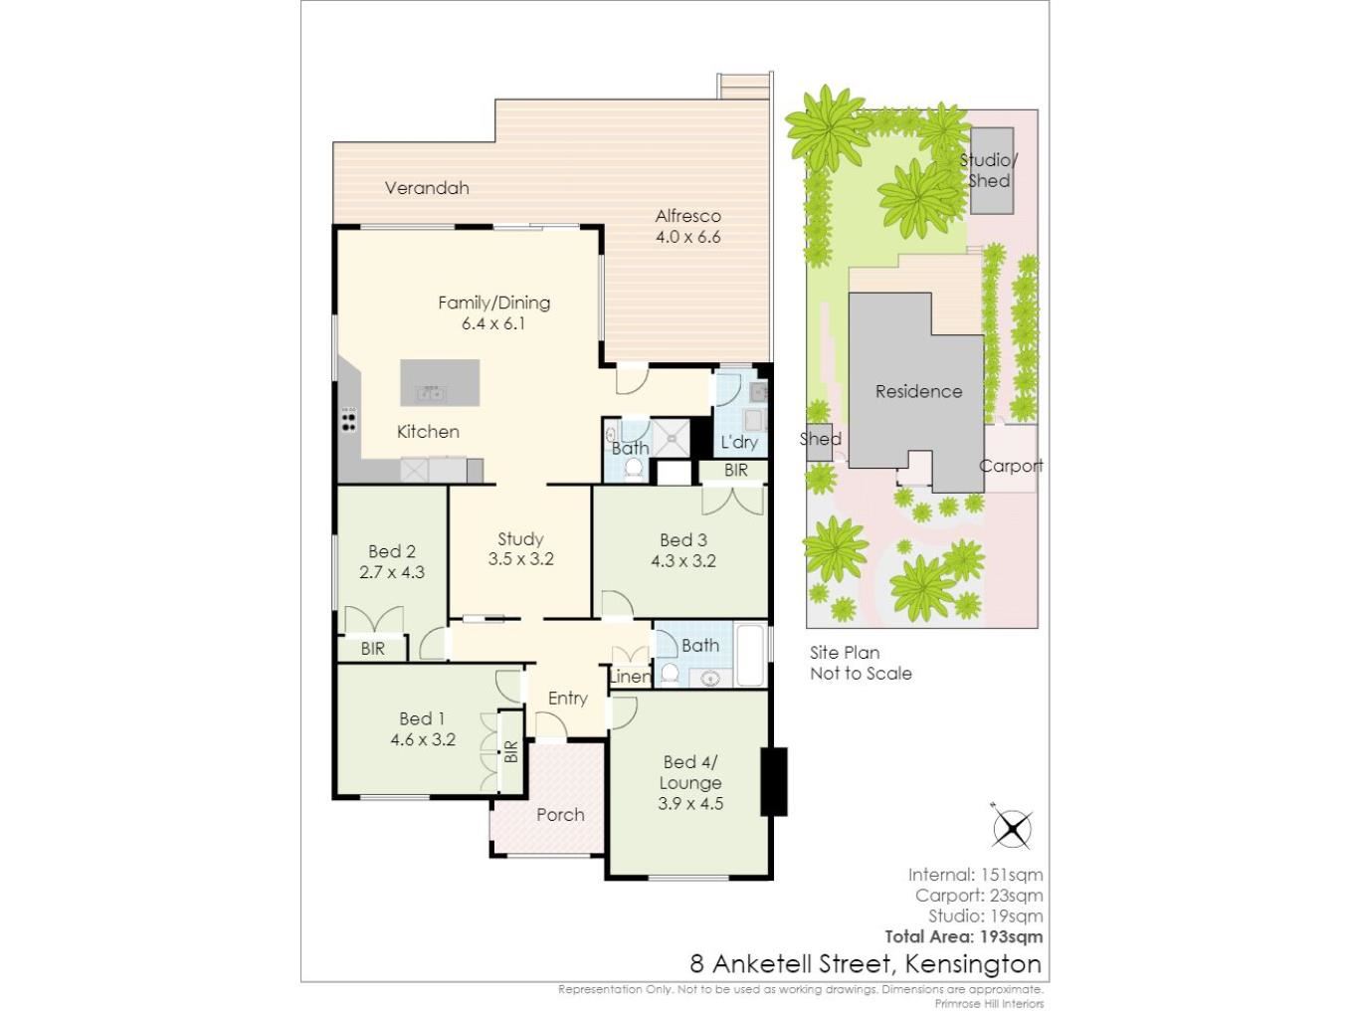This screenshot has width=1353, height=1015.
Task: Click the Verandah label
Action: [x=427, y=188]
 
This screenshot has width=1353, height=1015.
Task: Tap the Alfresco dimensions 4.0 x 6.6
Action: [x=687, y=237]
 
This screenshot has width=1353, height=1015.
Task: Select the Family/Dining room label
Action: [x=493, y=303]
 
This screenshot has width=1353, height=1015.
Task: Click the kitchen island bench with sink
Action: [x=440, y=383]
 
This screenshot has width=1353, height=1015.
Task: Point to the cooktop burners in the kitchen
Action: [x=349, y=419]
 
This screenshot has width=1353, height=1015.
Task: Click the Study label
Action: [x=520, y=539]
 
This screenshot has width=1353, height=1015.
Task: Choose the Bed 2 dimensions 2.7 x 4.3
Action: [x=392, y=572]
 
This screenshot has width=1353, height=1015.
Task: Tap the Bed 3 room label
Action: [x=683, y=540]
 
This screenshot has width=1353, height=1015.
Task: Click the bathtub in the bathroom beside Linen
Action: [x=750, y=656]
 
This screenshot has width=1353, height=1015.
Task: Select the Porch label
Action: [x=560, y=815]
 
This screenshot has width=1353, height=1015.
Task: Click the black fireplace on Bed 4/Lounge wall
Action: [x=774, y=782]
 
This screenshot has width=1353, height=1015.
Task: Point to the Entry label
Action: [x=568, y=699]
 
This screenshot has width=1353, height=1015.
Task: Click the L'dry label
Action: [x=739, y=442]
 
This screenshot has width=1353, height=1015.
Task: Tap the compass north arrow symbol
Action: [x=1012, y=828]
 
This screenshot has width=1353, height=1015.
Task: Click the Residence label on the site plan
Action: [x=918, y=391]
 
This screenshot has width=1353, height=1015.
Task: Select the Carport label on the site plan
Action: [x=1011, y=466]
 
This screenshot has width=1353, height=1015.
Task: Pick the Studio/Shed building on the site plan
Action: [x=992, y=171]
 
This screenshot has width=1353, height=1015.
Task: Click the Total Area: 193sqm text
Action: [x=964, y=936]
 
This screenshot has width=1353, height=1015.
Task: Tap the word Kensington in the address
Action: [x=974, y=964]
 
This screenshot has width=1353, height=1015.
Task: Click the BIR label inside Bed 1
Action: [x=511, y=752]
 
